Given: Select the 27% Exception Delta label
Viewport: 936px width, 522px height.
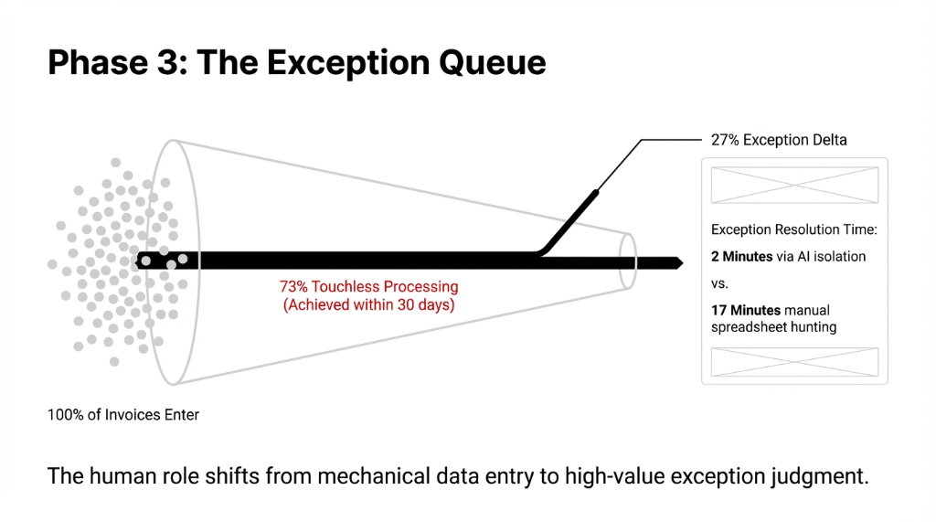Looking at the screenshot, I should click(x=779, y=140).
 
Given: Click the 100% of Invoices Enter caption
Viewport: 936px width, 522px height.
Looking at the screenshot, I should click(x=123, y=415).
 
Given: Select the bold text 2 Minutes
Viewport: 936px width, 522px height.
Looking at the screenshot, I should click(x=742, y=257).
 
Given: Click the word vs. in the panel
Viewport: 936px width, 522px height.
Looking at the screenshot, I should click(x=720, y=283).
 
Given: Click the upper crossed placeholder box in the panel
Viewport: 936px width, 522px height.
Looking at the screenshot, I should click(x=794, y=185).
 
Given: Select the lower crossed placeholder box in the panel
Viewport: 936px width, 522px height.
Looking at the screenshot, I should click(x=794, y=362).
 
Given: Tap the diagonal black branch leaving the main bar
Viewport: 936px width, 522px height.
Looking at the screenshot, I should click(x=571, y=219).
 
